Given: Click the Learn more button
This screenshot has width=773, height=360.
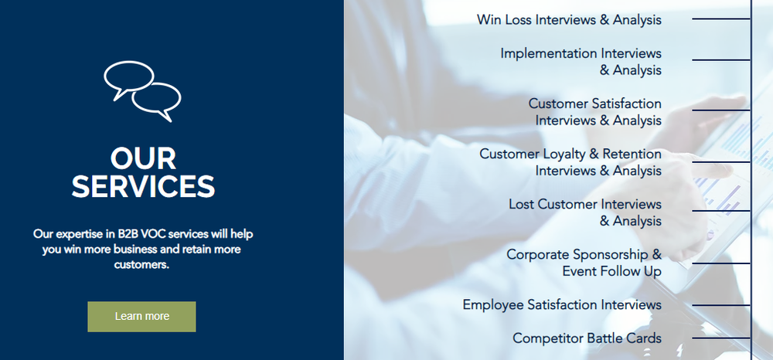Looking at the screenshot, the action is click(141, 316).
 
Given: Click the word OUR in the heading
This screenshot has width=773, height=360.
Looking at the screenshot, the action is click(143, 158).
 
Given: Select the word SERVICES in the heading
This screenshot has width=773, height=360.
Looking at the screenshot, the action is click(143, 186).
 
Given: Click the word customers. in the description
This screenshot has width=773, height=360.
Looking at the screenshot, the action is click(142, 265).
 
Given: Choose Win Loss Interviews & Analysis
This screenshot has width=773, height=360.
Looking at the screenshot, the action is click(569, 19).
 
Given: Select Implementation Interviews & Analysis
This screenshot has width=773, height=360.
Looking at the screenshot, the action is click(581, 61).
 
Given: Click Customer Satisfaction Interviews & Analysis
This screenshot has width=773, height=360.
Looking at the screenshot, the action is click(595, 112).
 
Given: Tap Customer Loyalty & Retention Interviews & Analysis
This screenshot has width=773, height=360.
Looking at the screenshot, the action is click(570, 162).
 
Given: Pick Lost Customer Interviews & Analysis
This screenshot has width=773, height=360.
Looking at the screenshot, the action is click(585, 212).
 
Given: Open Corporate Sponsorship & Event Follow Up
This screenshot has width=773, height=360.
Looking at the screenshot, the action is click(584, 263).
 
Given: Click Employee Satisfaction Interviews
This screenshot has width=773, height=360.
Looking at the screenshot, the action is click(562, 305).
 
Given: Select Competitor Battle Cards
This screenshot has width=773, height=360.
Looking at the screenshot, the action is click(587, 338).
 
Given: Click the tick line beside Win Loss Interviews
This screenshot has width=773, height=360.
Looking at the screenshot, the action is click(721, 19).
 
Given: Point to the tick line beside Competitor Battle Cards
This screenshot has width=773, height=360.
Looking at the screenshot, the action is click(721, 338).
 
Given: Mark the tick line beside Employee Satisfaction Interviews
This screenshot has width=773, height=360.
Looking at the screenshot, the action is click(721, 305).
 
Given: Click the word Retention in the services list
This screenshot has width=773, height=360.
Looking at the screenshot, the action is click(632, 155).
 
